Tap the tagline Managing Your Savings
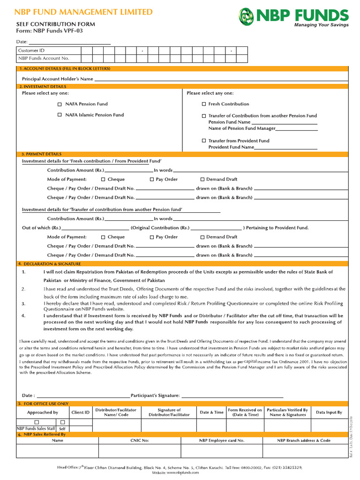321,25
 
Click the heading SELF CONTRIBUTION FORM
55,24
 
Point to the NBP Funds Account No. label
43,59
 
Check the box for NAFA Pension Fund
60,104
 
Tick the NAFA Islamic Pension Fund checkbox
60,115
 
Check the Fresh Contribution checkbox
204,104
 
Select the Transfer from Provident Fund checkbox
204,141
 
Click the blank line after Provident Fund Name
285,148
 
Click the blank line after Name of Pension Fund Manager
296,129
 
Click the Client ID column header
80,412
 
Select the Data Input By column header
329,412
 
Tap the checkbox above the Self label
62,422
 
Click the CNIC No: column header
139,441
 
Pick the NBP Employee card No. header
221,441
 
